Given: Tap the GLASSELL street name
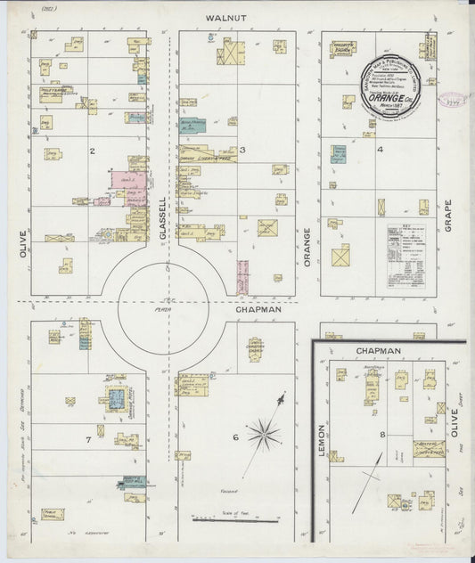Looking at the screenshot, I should (x=163, y=216).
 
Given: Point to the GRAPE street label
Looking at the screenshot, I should (x=449, y=215).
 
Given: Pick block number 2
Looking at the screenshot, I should (x=92, y=151).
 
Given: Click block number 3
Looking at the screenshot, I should (x=242, y=151).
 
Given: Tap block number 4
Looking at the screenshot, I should (x=380, y=151).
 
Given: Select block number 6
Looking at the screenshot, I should (x=235, y=437).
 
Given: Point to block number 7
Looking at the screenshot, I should (x=88, y=440).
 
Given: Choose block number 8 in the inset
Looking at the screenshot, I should (x=382, y=435).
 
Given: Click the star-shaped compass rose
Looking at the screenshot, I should (x=263, y=435).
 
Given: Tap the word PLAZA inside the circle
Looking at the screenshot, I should (x=161, y=299).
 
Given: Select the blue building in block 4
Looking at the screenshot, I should (x=339, y=154).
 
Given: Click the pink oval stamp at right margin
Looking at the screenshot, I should (x=452, y=100).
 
